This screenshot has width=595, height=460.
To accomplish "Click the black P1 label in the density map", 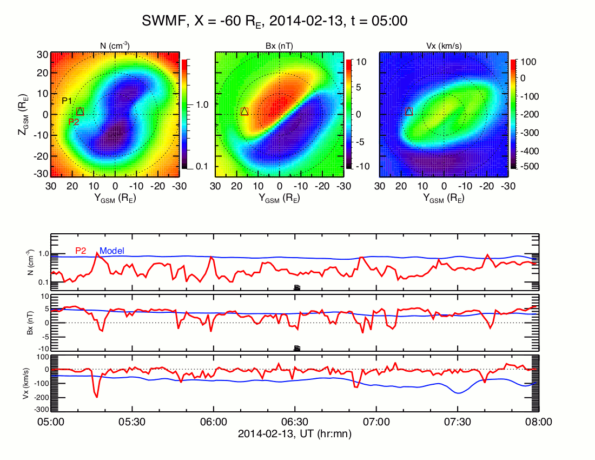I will point(67,101).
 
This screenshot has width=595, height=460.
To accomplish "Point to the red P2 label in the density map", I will point(74,122).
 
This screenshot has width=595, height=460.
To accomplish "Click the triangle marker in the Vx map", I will point(409,111).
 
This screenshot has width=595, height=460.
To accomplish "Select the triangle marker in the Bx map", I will point(244,111).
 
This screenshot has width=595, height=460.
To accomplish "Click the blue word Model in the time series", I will point(112,251).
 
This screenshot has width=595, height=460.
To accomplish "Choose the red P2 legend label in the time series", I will point(81,251).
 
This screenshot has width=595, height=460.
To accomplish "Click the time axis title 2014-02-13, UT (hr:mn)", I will point(295,433).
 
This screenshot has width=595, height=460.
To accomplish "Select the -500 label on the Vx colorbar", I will point(528,166).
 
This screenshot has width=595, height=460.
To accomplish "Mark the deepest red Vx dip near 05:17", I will point(97,397).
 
